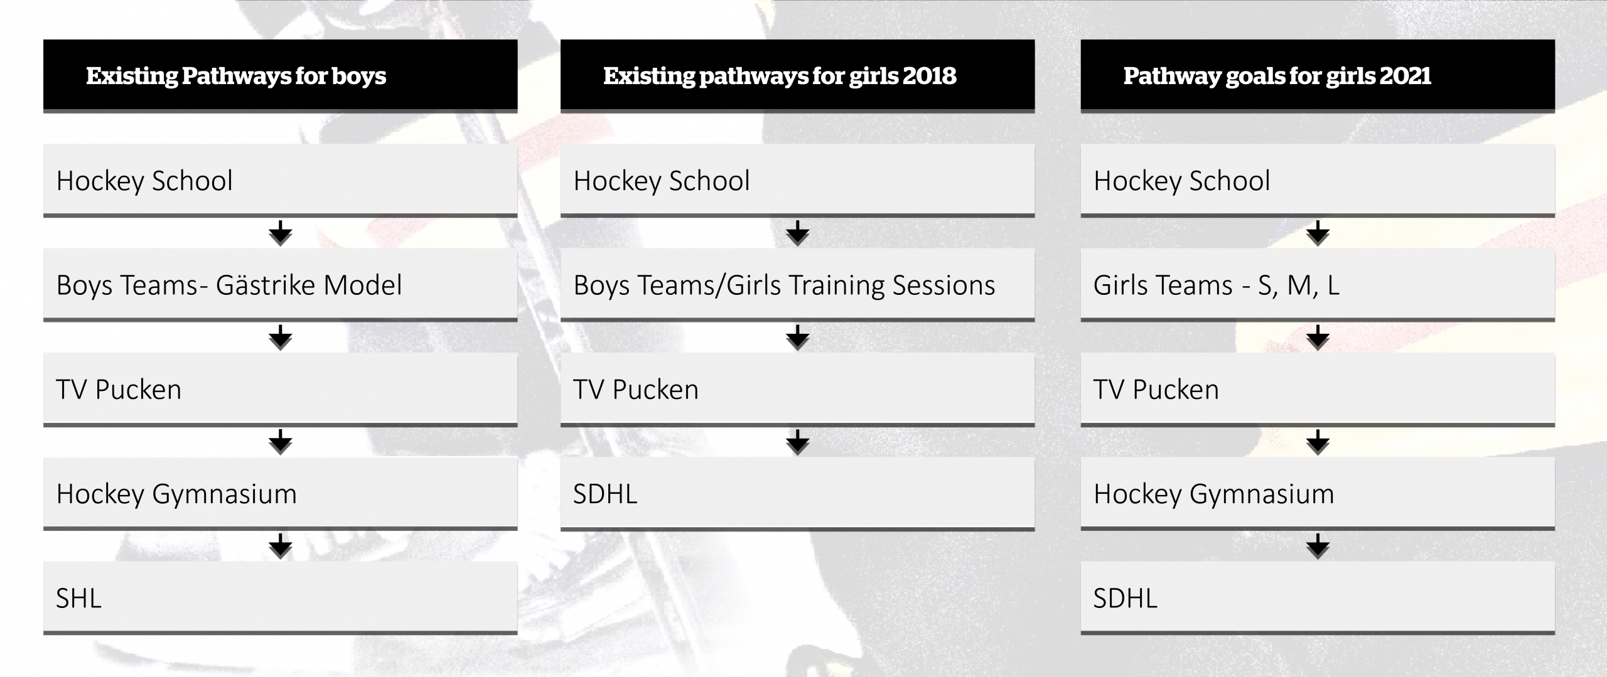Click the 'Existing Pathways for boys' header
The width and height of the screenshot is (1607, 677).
pos(280,76)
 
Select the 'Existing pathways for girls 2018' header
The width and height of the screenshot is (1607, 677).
pos(797,76)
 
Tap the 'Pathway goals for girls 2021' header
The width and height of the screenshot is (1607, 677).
pos(1318,76)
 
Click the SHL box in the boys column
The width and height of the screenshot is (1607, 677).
pos(280,598)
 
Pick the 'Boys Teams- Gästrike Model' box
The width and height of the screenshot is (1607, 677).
pos(280,285)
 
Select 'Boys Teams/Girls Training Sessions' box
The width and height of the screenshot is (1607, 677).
pos(797,285)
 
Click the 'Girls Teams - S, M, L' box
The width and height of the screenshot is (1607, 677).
pos(1318,285)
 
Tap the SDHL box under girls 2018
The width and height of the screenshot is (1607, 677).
pos(797,494)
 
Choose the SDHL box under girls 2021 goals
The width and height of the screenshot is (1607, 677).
pos(1318,598)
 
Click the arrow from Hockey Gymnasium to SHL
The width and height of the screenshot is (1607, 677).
pos(280,546)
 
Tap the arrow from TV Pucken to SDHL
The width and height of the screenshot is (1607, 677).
pos(797,442)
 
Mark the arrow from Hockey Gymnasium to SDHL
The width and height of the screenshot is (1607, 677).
pos(1318,546)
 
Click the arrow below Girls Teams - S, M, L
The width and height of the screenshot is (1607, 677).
pos(1318,338)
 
